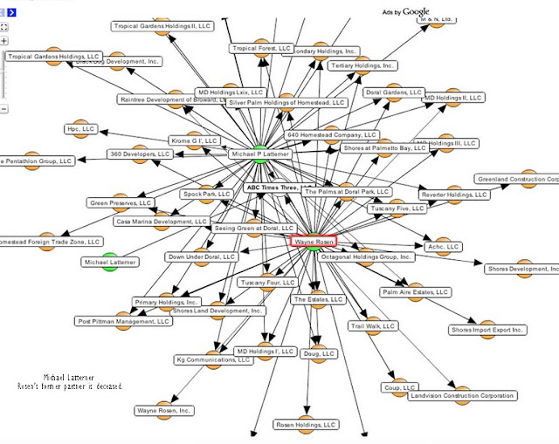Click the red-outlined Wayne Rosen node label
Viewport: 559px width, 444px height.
(313, 242)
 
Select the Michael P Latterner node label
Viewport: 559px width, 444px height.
(259, 154)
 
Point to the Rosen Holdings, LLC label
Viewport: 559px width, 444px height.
(306, 425)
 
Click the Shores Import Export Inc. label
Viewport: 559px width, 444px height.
(488, 331)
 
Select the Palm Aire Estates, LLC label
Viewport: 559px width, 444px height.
(415, 292)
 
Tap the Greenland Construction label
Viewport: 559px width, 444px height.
(515, 180)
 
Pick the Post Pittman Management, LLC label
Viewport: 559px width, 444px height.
(123, 321)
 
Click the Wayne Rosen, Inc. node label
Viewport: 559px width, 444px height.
(163, 410)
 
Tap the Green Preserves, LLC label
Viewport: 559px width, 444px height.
(121, 203)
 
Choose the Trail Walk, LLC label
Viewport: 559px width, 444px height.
(374, 326)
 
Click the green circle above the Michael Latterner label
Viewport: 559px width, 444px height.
(109, 261)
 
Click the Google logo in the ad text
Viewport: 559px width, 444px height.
(417, 10)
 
